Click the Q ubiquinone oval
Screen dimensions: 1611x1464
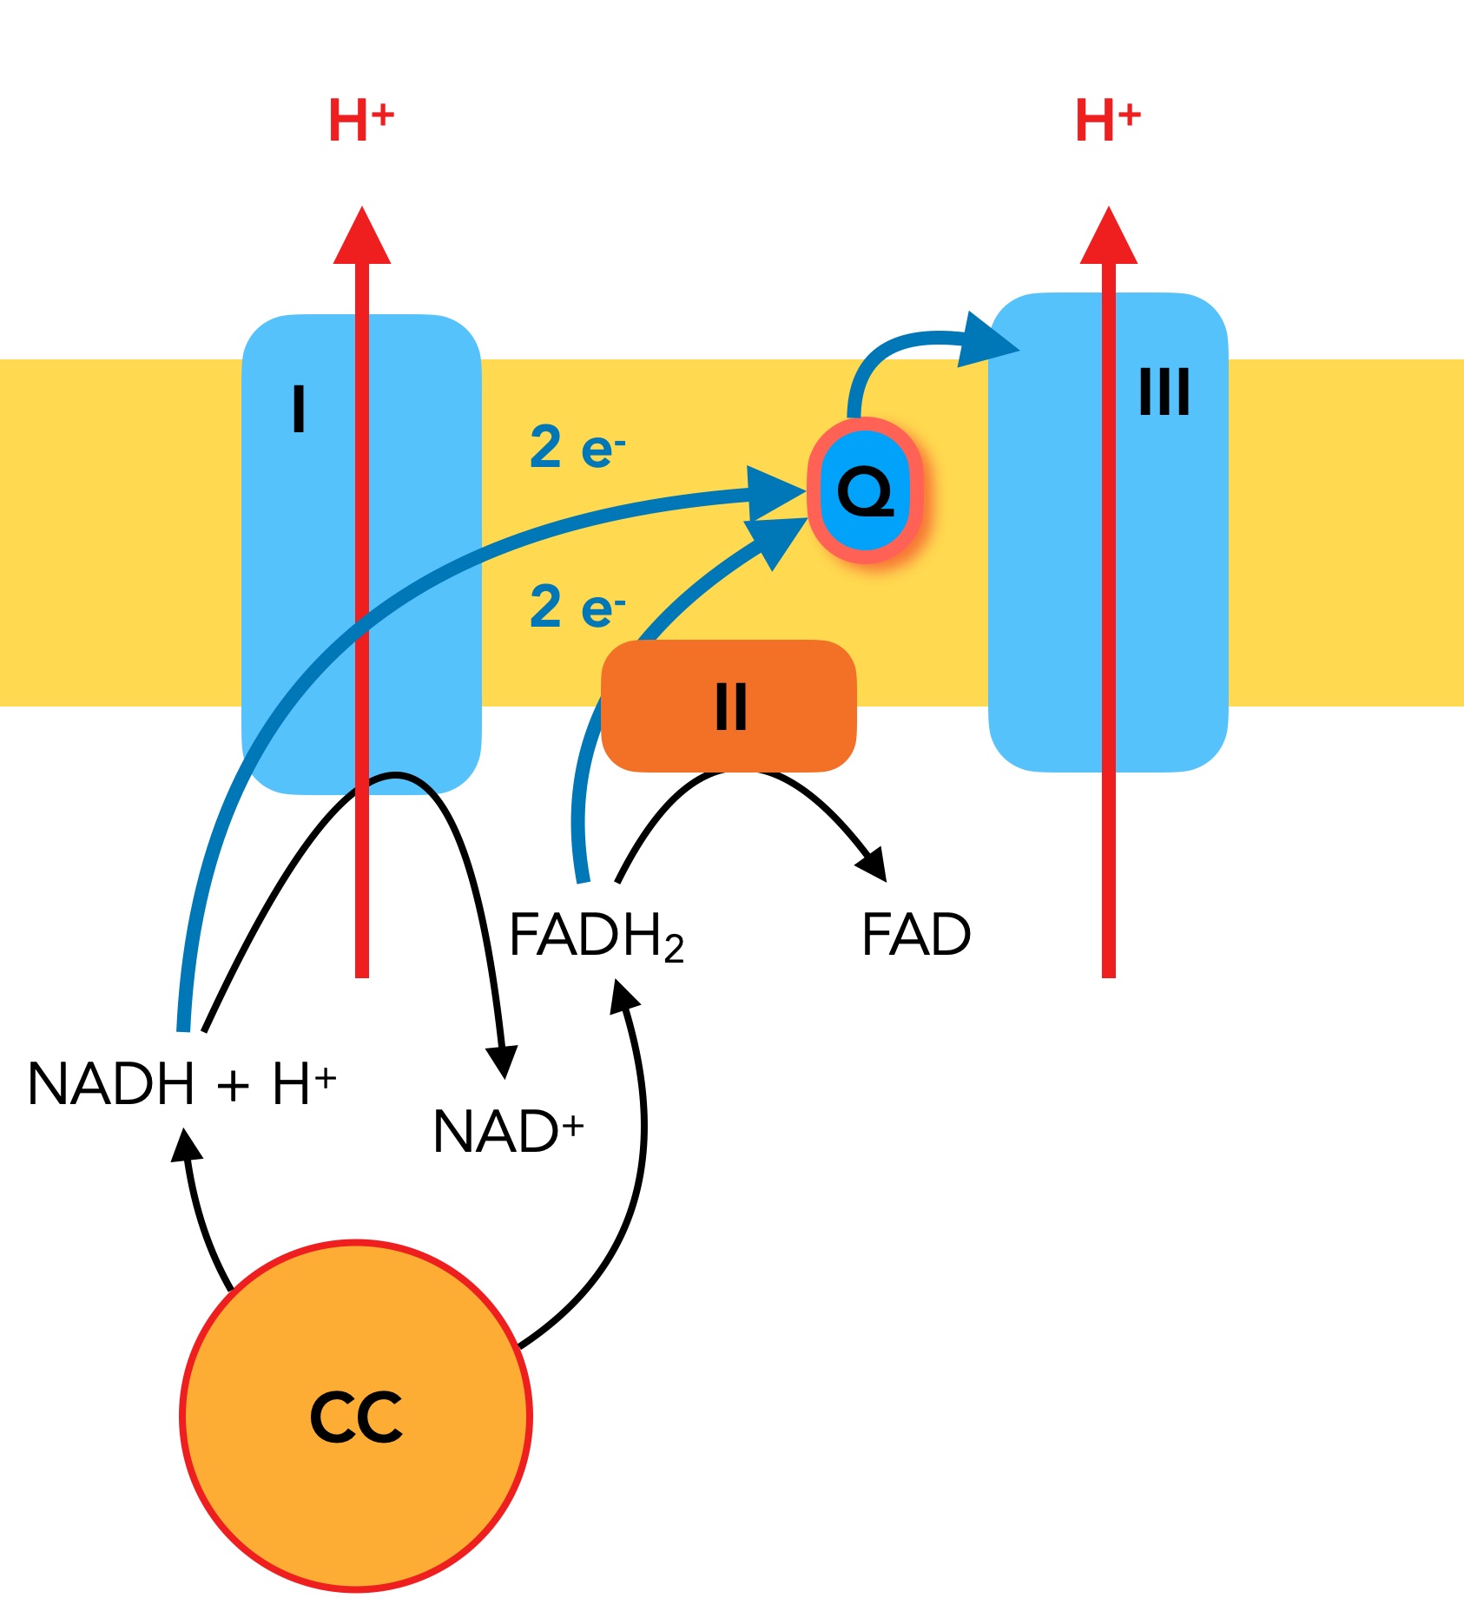tap(865, 490)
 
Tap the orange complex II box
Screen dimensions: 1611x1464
tap(729, 706)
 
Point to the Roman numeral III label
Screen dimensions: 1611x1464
tap(1164, 391)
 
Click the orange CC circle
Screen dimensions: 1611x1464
tap(356, 1416)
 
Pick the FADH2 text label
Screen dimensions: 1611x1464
tap(597, 936)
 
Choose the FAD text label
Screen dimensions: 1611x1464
tap(916, 935)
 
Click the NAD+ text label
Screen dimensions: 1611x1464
tap(508, 1131)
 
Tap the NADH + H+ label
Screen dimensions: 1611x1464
tap(181, 1083)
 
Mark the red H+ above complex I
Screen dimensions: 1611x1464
tap(360, 120)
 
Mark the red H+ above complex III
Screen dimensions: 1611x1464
tap(1107, 120)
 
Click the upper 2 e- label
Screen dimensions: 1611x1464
tap(577, 448)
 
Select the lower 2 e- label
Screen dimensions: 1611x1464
tap(577, 606)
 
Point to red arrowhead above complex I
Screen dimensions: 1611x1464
tap(362, 237)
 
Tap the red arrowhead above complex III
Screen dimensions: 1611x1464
tap(1109, 237)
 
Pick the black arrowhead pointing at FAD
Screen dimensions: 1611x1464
tap(874, 865)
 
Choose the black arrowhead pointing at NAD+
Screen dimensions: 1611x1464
tap(502, 1061)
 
